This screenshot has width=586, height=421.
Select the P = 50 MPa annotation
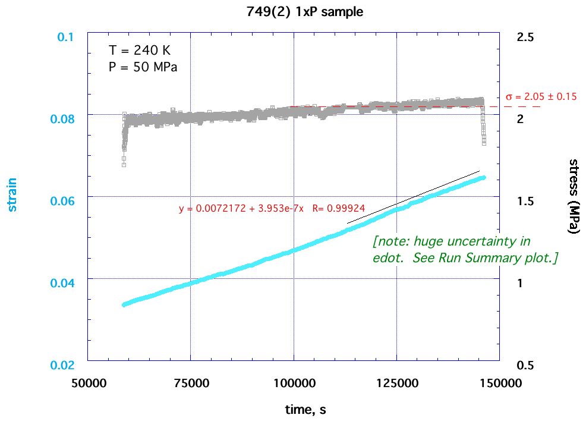(x=143, y=67)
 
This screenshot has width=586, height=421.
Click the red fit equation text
(x=272, y=209)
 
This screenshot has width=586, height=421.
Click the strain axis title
(x=12, y=195)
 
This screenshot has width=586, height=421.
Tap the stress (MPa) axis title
(x=574, y=196)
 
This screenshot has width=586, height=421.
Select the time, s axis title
(x=304, y=409)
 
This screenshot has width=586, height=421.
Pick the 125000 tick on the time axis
(x=396, y=383)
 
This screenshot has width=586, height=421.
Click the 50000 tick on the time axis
(x=88, y=383)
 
